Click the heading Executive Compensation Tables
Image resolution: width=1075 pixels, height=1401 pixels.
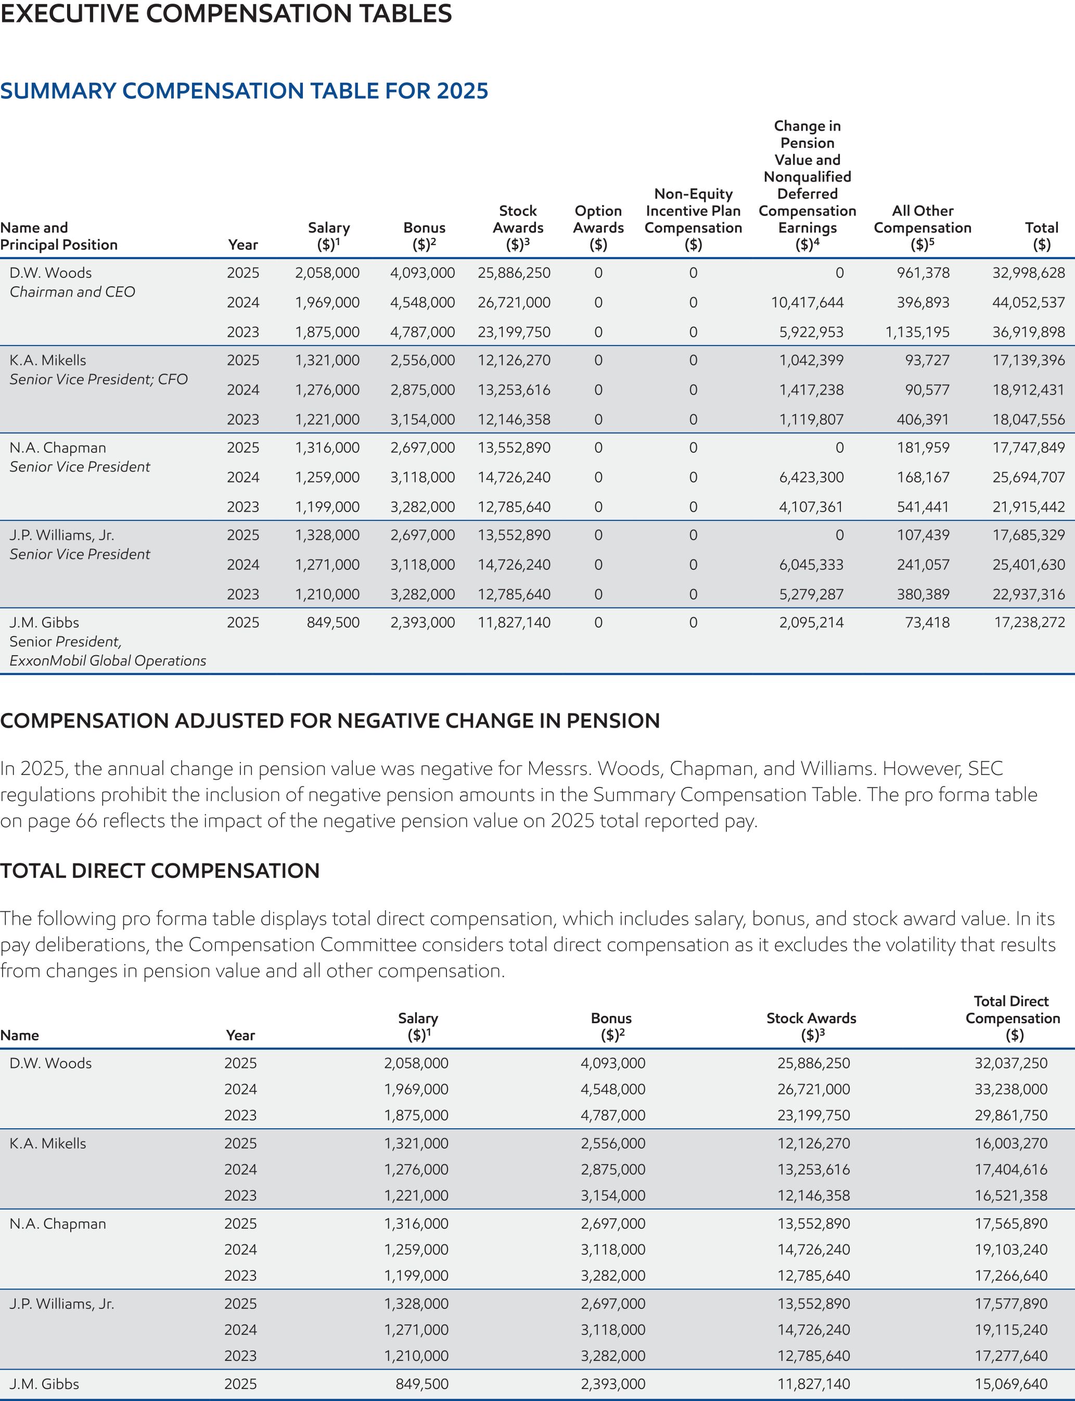click(226, 14)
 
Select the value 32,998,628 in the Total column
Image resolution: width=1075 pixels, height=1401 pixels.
click(1028, 273)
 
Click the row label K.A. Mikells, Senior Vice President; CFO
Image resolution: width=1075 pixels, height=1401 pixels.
click(98, 370)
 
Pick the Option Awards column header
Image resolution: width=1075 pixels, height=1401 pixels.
click(598, 227)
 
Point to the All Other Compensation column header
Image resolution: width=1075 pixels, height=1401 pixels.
click(922, 227)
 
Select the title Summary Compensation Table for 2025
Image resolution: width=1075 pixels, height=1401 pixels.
click(244, 91)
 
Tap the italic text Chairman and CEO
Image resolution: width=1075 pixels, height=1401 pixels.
click(72, 292)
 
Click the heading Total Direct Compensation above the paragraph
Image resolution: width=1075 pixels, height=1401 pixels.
click(160, 871)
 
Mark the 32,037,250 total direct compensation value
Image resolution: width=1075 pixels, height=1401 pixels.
click(1010, 1063)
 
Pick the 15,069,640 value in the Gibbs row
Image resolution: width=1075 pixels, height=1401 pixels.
click(1010, 1384)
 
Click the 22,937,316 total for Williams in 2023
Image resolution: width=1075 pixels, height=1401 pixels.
click(1028, 594)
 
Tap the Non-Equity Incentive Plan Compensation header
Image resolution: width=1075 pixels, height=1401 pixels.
click(693, 219)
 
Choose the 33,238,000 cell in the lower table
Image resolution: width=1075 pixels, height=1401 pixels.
click(1010, 1089)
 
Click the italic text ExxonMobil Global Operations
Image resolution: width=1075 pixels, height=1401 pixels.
click(108, 660)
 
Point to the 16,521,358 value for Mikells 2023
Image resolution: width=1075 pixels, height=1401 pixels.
click(1010, 1195)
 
